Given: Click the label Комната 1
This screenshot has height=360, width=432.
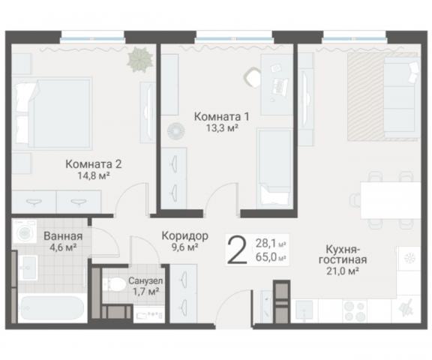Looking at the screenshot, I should tap(221, 117).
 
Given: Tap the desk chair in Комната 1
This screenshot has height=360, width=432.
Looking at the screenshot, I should tap(252, 75).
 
